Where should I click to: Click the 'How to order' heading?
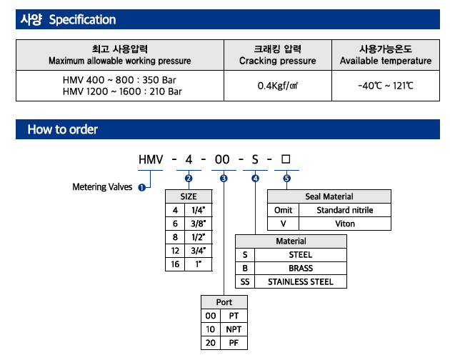pos(63,129)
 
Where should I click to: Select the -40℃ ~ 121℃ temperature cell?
pos(386,86)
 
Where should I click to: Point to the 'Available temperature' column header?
pos(386,55)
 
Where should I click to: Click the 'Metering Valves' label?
pos(102,187)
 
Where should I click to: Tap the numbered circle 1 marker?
pos(142,187)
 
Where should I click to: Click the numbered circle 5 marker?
pos(287,178)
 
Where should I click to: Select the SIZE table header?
pos(189,196)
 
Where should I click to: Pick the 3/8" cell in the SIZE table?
pos(198,224)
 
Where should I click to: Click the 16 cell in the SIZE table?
pos(175,264)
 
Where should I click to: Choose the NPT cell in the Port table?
pos(234,329)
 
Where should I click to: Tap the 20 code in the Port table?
pos(211,343)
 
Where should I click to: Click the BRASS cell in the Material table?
pos(301,268)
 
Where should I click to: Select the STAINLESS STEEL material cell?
pos(301,281)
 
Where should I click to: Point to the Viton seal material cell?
pos(345,224)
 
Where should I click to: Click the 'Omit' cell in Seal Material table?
pos(283,210)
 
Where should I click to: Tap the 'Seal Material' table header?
pos(329,196)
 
